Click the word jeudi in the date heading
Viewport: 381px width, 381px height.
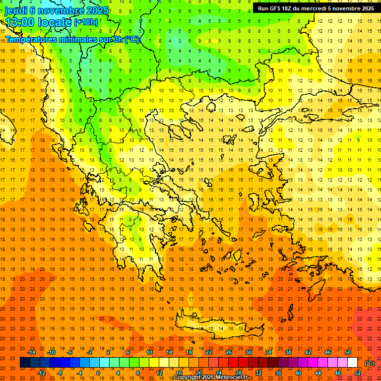pyautogui.click(x=16, y=10)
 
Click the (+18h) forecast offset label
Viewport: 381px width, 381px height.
pyautogui.click(x=86, y=22)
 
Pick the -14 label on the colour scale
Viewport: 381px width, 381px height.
pyautogui.click(x=32, y=352)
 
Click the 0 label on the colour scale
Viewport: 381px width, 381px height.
pyautogui.click(x=98, y=373)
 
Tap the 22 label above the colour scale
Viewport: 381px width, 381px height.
pyautogui.click(x=209, y=352)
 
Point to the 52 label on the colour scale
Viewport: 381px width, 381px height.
pyautogui.click(x=358, y=373)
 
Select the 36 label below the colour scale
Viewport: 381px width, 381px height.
pyautogui.click(x=278, y=373)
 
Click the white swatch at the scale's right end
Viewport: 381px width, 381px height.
pyautogui.click(x=352, y=363)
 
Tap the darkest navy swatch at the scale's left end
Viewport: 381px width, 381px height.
pyautogui.click(x=25, y=363)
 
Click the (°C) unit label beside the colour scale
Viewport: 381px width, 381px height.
pyautogui.click(x=370, y=363)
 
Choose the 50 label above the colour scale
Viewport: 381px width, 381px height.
pyautogui.click(x=348, y=352)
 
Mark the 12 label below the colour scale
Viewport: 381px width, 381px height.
pyautogui.click(x=159, y=373)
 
